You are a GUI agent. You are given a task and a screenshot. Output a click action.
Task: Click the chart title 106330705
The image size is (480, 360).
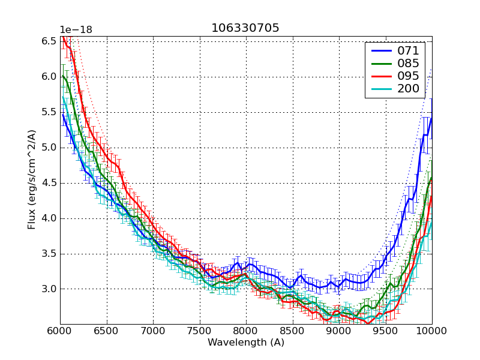click(x=245, y=28)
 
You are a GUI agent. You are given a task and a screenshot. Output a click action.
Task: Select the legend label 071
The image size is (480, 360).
click(x=409, y=50)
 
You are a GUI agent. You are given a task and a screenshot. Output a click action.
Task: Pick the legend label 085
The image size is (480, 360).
click(x=409, y=63)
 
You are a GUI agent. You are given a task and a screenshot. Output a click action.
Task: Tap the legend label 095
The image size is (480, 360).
click(x=409, y=76)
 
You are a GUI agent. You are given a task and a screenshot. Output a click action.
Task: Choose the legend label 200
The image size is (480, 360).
click(x=409, y=89)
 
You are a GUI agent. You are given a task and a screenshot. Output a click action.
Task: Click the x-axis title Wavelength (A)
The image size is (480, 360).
click(x=246, y=343)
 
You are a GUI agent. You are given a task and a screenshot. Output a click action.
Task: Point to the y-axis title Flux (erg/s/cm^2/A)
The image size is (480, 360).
click(x=32, y=179)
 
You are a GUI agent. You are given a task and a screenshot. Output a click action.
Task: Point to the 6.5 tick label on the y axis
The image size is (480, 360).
click(x=49, y=41)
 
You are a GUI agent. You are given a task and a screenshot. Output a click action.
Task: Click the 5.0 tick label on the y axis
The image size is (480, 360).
click(x=49, y=147)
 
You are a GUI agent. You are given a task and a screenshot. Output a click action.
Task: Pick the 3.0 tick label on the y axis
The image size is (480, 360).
click(x=49, y=289)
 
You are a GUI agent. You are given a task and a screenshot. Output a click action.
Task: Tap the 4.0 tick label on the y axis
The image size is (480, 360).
click(x=49, y=218)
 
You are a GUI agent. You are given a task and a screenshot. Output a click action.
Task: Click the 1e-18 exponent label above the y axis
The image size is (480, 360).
click(x=76, y=29)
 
